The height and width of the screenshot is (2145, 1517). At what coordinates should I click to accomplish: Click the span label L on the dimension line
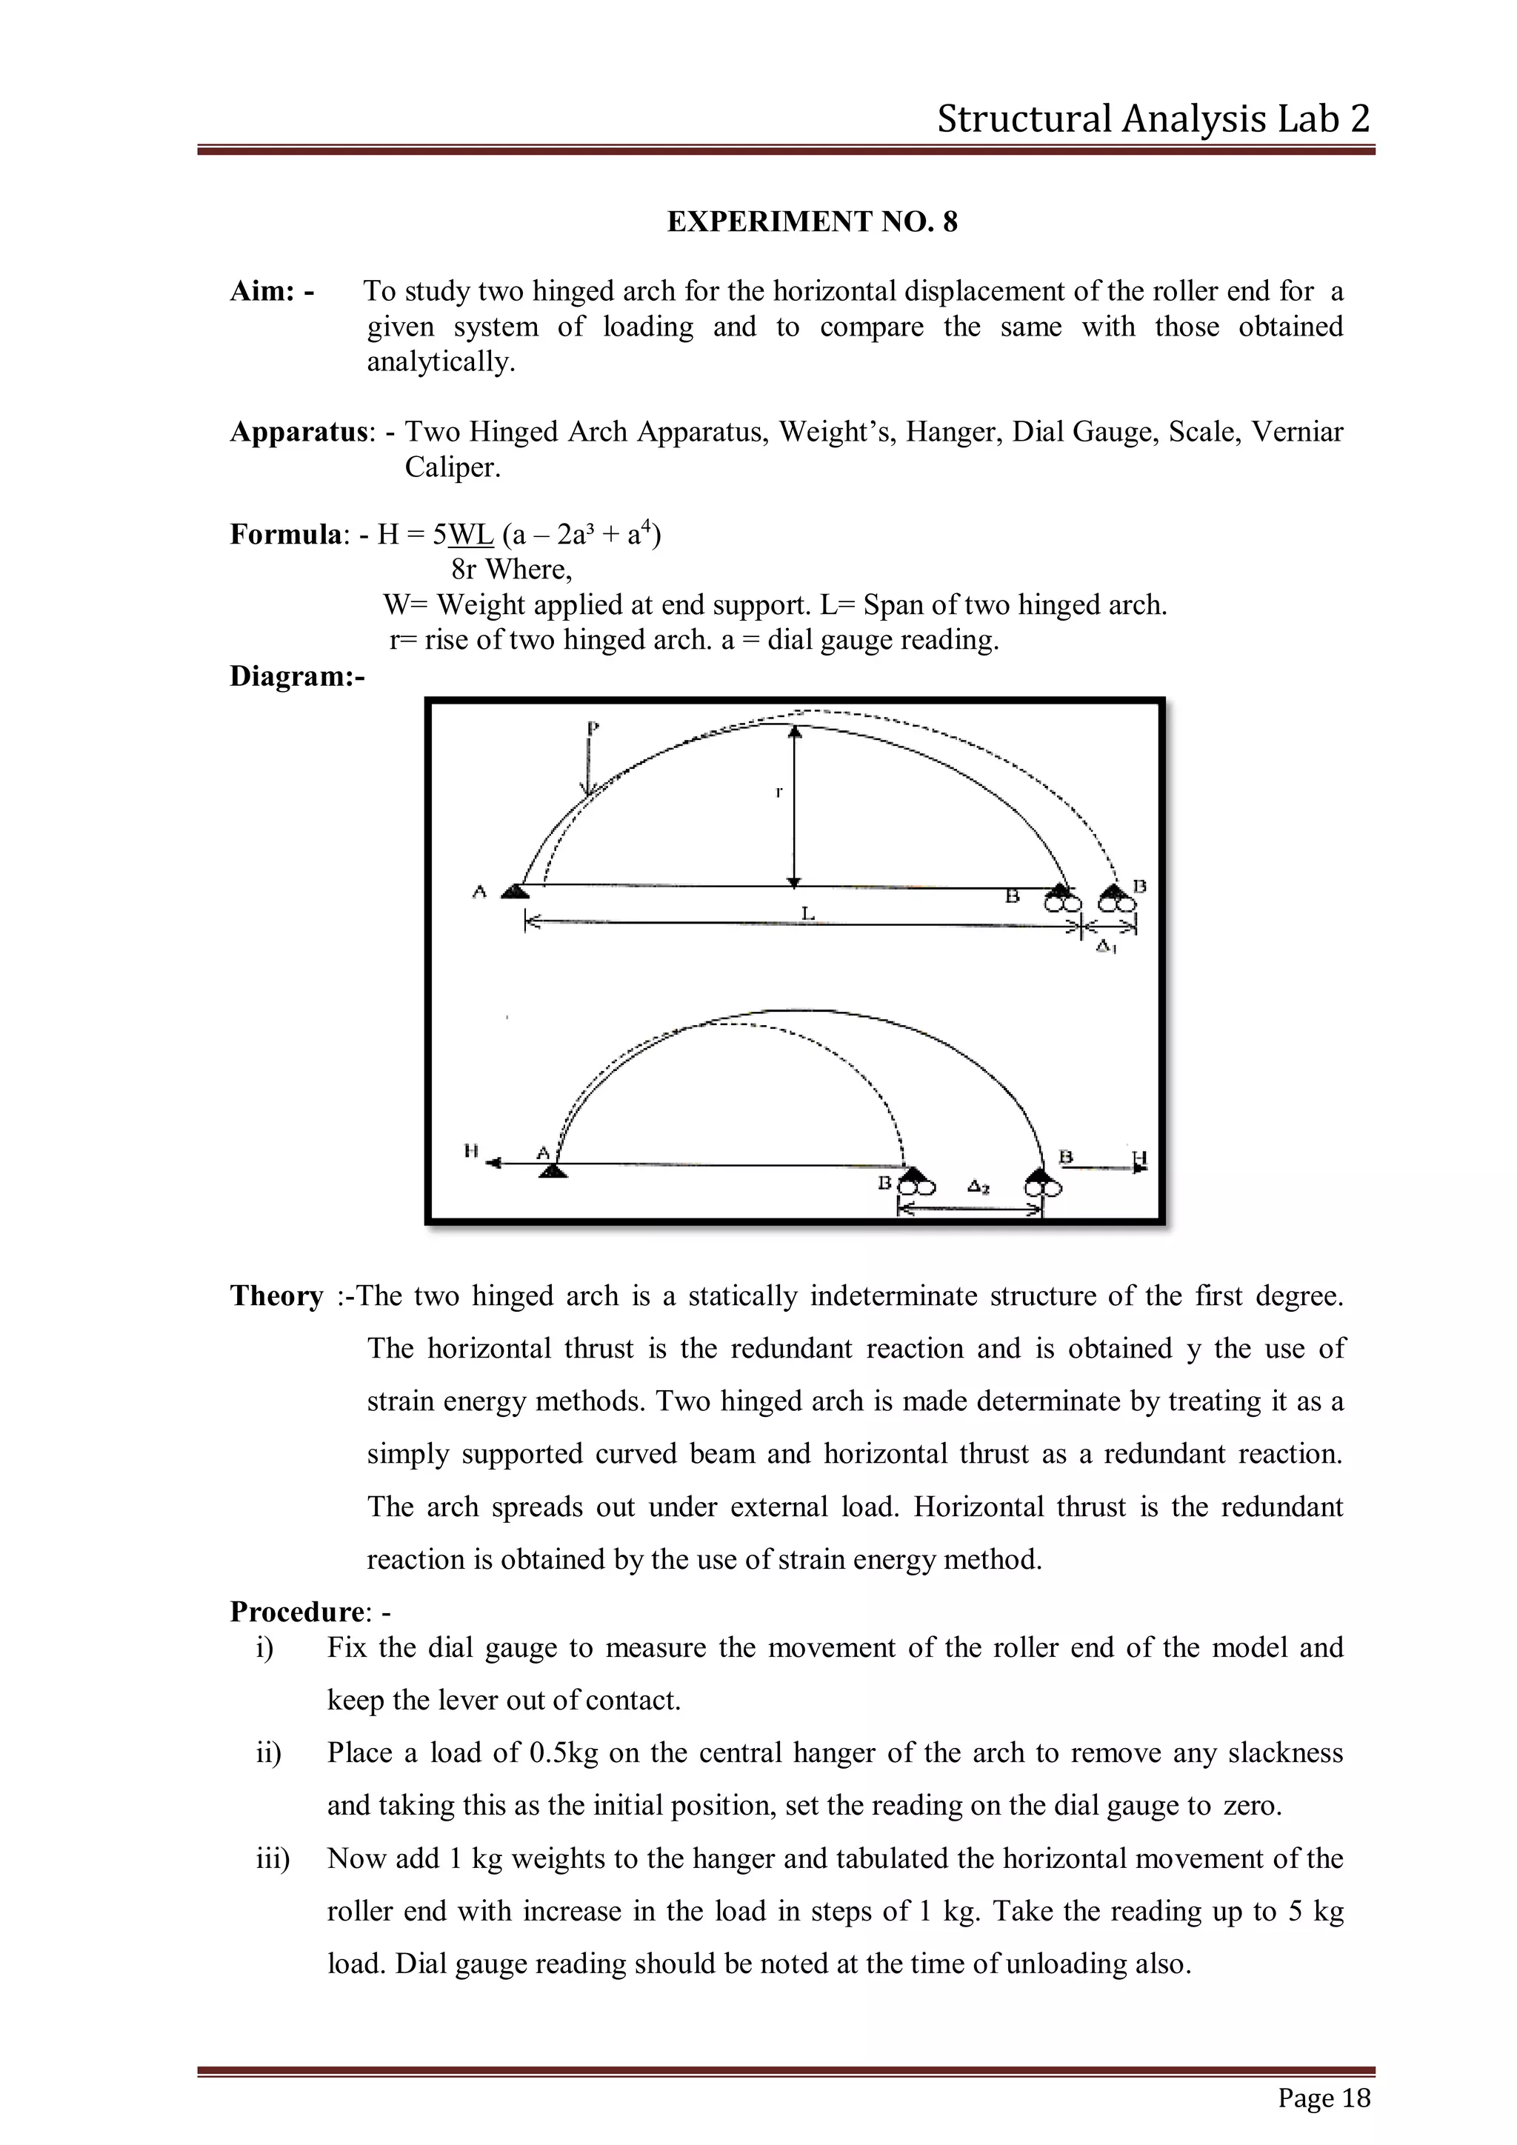pos(808,914)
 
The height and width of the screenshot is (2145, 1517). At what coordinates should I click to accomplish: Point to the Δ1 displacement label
pos(1106,947)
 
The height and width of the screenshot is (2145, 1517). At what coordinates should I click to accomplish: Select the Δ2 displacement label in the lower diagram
pos(980,1187)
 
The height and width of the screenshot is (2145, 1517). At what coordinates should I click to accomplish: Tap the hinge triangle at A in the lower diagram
pos(554,1170)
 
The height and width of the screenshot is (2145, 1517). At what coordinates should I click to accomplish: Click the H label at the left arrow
pos(472,1152)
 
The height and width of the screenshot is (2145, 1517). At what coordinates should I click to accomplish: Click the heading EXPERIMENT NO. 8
pos(812,222)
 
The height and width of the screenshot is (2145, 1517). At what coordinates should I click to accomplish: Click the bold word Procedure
pos(296,1612)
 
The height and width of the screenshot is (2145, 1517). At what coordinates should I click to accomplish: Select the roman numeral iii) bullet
pos(273,1858)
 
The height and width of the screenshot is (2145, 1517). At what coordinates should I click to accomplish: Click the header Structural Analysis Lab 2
pos(1153,119)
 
